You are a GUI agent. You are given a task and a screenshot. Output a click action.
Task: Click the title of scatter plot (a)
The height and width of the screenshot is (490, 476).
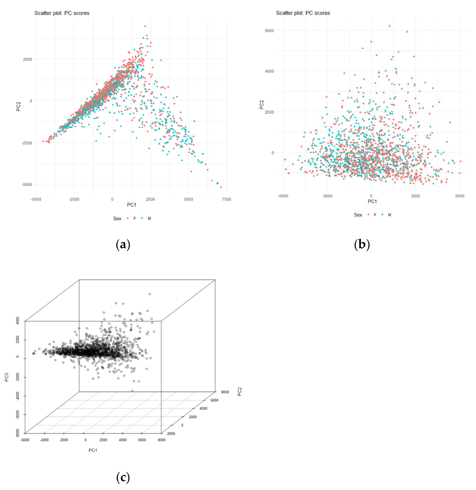[62, 13]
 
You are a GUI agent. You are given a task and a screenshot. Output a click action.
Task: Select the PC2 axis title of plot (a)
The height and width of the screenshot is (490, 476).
[18, 106]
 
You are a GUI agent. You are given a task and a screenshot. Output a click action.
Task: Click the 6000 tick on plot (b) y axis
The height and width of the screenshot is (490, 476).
[269, 31]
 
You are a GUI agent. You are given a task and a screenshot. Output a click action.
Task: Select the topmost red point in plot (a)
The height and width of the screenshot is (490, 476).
[145, 26]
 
